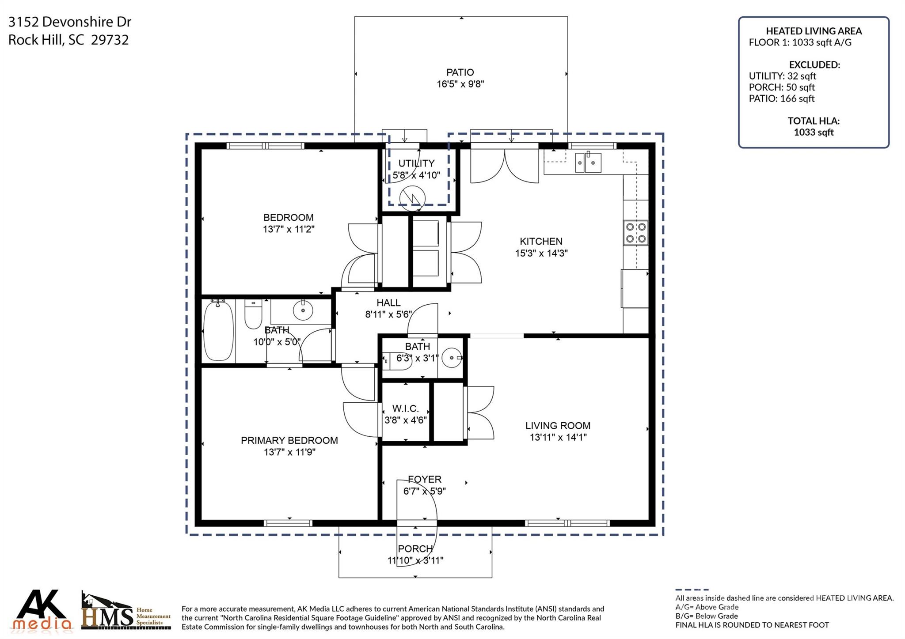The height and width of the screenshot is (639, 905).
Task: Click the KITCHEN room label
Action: coord(541,242)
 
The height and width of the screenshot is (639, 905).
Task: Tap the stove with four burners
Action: coord(635,233)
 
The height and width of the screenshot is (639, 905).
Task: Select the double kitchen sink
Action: coord(588,163)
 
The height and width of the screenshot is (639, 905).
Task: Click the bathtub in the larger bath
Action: coord(218,330)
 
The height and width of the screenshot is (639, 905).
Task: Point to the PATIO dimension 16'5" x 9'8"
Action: coord(460,84)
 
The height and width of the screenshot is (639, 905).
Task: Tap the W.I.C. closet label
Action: coord(405,408)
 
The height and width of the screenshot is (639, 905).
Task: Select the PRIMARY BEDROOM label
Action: coord(289,440)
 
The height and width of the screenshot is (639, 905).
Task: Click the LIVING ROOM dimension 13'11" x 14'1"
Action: coord(558,437)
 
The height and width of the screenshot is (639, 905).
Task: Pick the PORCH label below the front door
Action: coord(415,548)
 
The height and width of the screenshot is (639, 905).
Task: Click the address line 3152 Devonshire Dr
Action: coord(70,22)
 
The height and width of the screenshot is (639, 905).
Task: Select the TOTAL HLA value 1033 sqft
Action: coord(814,132)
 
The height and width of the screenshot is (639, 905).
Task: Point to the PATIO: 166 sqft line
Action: coord(781,98)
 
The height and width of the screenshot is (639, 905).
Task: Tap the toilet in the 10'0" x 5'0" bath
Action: coord(253,314)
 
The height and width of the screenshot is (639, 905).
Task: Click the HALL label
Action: coord(388,302)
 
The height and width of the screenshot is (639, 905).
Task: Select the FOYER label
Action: coord(424,479)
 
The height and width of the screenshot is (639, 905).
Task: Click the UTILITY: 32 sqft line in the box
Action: coord(782,76)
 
